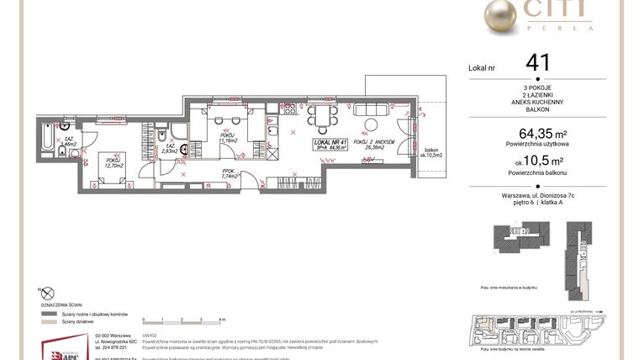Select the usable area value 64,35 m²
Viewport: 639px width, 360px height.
tap(536, 134)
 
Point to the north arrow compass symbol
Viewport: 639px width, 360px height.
tap(47, 293)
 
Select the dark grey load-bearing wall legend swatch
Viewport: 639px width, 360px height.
tap(47, 313)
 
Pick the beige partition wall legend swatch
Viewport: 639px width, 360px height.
tap(47, 321)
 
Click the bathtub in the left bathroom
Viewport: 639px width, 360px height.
tap(43, 135)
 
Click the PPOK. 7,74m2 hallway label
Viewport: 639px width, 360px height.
tap(227, 174)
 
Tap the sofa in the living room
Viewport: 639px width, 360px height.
tap(371, 109)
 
